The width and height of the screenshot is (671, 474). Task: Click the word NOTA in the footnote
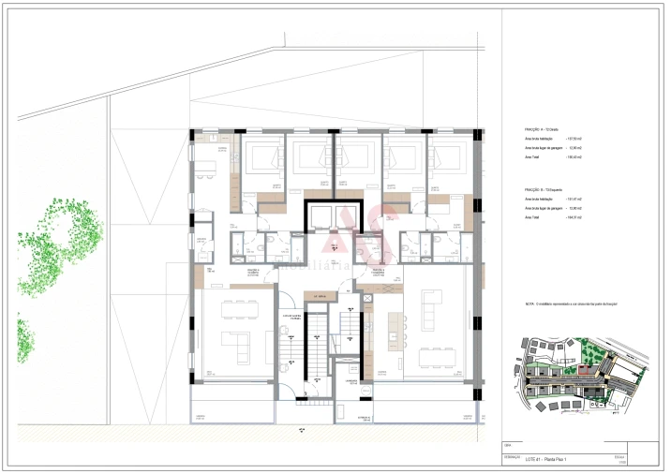pos(529,304)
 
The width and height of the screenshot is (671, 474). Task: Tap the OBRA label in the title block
pos(507,444)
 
